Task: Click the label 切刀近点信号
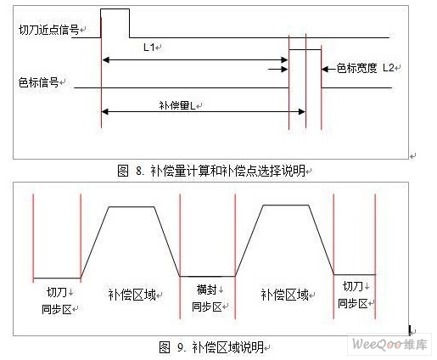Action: click(x=49, y=30)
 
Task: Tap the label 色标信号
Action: click(x=39, y=82)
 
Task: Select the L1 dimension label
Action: click(x=149, y=48)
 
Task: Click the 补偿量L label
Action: click(x=177, y=105)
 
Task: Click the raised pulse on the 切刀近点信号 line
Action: click(x=115, y=9)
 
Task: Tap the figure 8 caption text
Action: click(x=211, y=171)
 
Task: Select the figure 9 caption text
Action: click(x=211, y=347)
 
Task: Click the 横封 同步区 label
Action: click(x=207, y=298)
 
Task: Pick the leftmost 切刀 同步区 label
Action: click(x=57, y=301)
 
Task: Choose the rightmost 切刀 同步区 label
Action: click(x=353, y=295)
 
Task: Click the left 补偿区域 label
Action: click(x=132, y=295)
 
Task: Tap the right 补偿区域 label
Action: click(x=285, y=295)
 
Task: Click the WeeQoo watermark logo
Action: click(x=389, y=345)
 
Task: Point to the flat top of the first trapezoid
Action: click(x=132, y=207)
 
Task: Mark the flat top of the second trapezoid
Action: click(x=286, y=205)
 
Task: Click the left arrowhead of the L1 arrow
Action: click(x=105, y=60)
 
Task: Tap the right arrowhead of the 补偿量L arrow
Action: click(x=302, y=112)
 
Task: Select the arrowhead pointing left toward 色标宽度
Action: click(x=325, y=69)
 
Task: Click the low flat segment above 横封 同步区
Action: click(x=208, y=276)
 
